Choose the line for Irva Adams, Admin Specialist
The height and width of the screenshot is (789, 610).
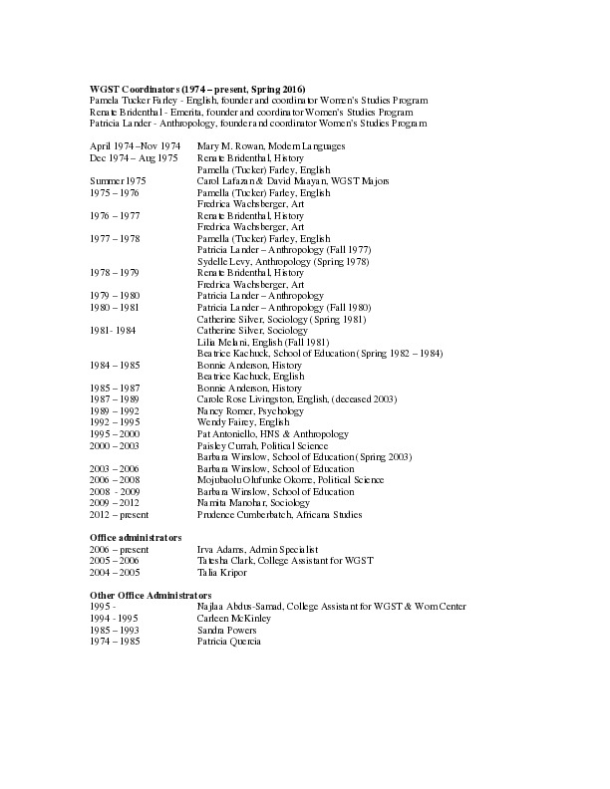tap(256, 549)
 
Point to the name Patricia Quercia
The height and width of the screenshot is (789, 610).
tap(228, 641)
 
